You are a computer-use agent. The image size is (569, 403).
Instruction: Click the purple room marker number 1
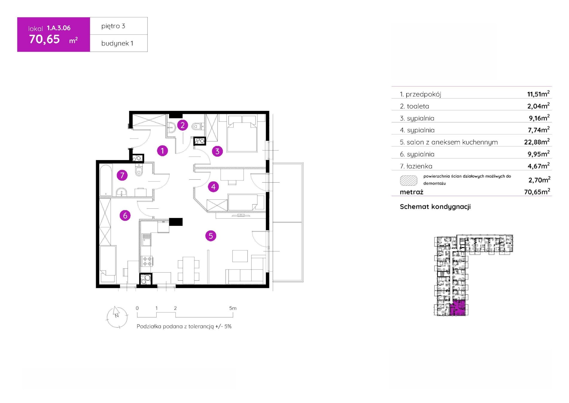162,151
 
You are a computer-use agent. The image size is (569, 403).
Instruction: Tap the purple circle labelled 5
211,236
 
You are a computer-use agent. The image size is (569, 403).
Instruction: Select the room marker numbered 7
122,175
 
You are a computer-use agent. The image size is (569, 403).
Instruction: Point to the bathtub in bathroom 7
106,180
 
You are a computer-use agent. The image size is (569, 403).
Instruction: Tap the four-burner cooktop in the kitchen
147,261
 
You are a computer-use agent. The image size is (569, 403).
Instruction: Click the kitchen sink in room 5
146,240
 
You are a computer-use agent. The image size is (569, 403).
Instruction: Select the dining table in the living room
189,270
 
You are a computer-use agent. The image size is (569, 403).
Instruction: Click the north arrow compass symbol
117,317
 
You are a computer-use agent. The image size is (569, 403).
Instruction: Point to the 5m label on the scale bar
233,308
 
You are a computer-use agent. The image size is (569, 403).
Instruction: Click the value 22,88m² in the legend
537,142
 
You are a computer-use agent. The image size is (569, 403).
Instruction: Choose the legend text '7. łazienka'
416,166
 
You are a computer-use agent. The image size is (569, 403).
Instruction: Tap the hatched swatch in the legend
408,180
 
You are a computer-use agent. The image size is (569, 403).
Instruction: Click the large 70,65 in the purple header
45,39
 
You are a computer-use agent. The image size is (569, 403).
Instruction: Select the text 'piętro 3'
113,26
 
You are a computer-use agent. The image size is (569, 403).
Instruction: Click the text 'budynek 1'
117,43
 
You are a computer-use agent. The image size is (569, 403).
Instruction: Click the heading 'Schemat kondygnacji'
435,207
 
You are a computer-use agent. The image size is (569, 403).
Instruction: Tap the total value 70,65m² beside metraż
537,192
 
